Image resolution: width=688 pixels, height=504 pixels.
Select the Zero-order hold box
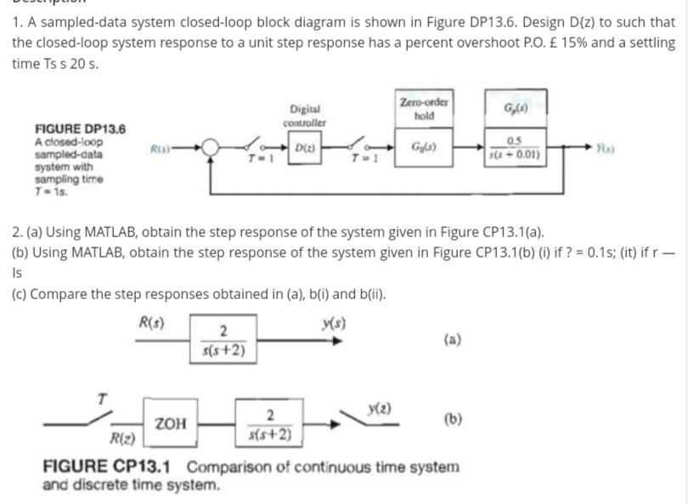click(x=424, y=110)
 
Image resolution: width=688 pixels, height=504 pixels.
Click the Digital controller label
click(x=305, y=116)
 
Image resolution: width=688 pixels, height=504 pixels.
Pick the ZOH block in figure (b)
click(x=172, y=422)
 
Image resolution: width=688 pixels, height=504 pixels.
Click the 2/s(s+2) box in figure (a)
click(x=222, y=339)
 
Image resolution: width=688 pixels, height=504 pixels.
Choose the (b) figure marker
click(x=453, y=419)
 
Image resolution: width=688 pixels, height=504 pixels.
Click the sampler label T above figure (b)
click(x=102, y=398)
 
